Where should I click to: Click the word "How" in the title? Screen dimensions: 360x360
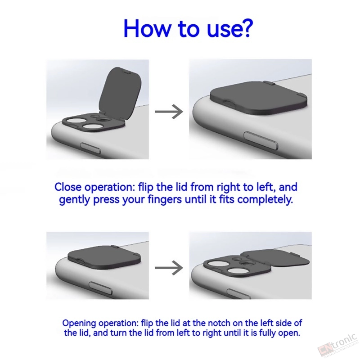coord(147,28)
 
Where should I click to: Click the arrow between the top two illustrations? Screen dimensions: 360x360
coord(169,112)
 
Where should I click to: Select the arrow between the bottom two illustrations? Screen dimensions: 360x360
coord(169,268)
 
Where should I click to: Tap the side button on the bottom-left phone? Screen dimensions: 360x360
coord(100,288)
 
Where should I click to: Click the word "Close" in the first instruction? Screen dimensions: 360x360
coord(68,187)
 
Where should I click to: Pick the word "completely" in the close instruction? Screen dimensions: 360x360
coord(265,199)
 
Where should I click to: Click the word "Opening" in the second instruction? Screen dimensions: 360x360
coord(79,323)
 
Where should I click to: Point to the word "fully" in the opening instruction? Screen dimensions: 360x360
coord(268,333)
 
